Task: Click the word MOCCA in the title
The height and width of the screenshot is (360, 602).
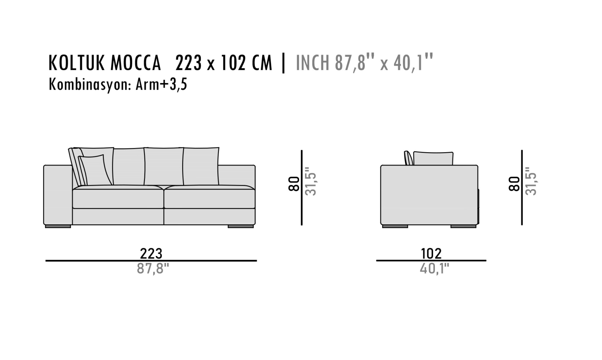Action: click(x=135, y=63)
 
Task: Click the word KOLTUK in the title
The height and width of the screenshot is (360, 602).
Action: click(x=77, y=63)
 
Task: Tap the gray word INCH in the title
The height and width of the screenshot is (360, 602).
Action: click(x=312, y=63)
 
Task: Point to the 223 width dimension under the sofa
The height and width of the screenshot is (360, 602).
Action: click(x=151, y=253)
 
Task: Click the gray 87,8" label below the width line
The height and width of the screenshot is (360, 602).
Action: click(x=153, y=269)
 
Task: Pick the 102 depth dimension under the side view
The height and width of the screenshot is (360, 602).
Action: click(x=431, y=253)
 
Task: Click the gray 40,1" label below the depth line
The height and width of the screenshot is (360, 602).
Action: click(x=434, y=269)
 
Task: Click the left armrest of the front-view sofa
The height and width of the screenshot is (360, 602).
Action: click(x=58, y=195)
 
